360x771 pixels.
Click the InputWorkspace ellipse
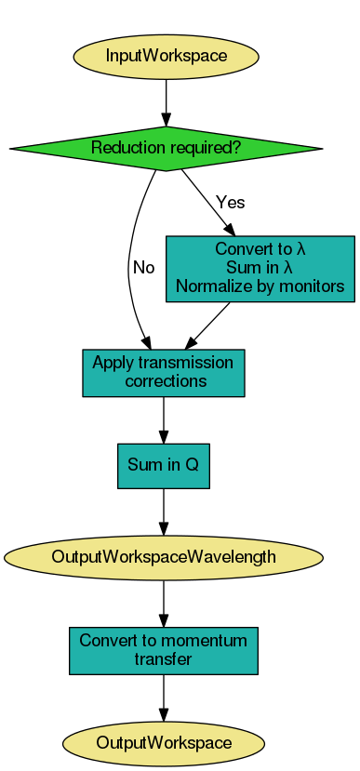(x=166, y=56)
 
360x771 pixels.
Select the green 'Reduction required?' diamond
(x=166, y=148)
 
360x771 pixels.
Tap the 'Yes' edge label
(x=230, y=202)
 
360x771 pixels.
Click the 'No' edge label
(x=143, y=268)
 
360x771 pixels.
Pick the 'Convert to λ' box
(x=260, y=269)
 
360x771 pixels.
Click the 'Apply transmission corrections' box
(x=164, y=372)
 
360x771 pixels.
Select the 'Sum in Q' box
(x=164, y=465)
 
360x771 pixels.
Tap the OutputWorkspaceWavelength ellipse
(x=164, y=557)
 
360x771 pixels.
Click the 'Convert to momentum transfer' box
(x=164, y=650)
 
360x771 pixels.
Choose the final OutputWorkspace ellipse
(x=164, y=742)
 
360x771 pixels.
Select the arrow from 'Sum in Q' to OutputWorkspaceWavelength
(x=164, y=511)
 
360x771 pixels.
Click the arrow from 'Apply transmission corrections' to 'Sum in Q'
(x=164, y=419)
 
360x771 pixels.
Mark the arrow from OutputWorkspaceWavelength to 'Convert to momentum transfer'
(x=164, y=604)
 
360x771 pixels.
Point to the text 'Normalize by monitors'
(x=260, y=286)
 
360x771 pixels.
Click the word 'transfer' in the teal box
(x=164, y=659)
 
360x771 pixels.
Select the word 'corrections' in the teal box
(x=165, y=381)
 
